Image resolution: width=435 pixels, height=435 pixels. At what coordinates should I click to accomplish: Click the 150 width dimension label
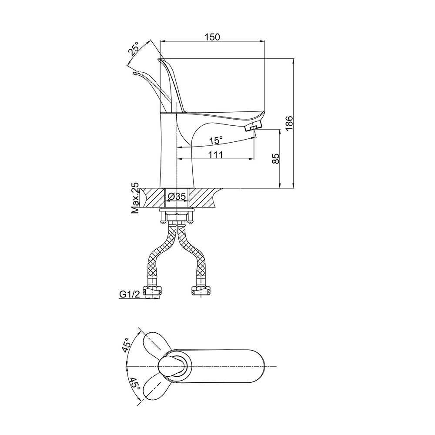(212, 37)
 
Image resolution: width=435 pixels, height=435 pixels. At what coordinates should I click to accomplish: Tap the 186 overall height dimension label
(289, 123)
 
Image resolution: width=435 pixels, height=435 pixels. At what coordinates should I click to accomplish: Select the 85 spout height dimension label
(275, 158)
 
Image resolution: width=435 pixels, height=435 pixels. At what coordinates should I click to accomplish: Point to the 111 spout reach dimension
(215, 154)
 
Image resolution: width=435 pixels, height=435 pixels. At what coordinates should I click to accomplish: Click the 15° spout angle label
(216, 141)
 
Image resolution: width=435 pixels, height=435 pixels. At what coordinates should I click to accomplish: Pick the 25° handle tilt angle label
(134, 50)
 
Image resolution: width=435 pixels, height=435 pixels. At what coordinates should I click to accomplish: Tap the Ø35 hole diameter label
(177, 197)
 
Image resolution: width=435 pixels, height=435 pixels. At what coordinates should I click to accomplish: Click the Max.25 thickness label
(135, 198)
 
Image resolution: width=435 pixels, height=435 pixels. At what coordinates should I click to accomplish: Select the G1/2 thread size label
(130, 294)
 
